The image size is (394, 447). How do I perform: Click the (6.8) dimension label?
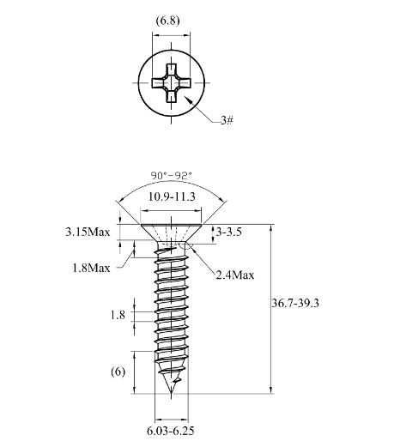(167, 21)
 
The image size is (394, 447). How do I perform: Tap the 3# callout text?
(227, 120)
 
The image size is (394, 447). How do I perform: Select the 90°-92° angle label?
(171, 175)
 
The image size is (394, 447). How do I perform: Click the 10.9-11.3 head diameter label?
(172, 196)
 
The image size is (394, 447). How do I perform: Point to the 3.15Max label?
(88, 232)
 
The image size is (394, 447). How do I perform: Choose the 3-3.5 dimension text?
(228, 232)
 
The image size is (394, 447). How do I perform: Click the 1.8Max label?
(91, 268)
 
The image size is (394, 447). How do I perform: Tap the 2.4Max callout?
(235, 275)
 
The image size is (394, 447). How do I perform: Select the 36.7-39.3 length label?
(295, 303)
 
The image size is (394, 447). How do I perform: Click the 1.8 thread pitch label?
(118, 315)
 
